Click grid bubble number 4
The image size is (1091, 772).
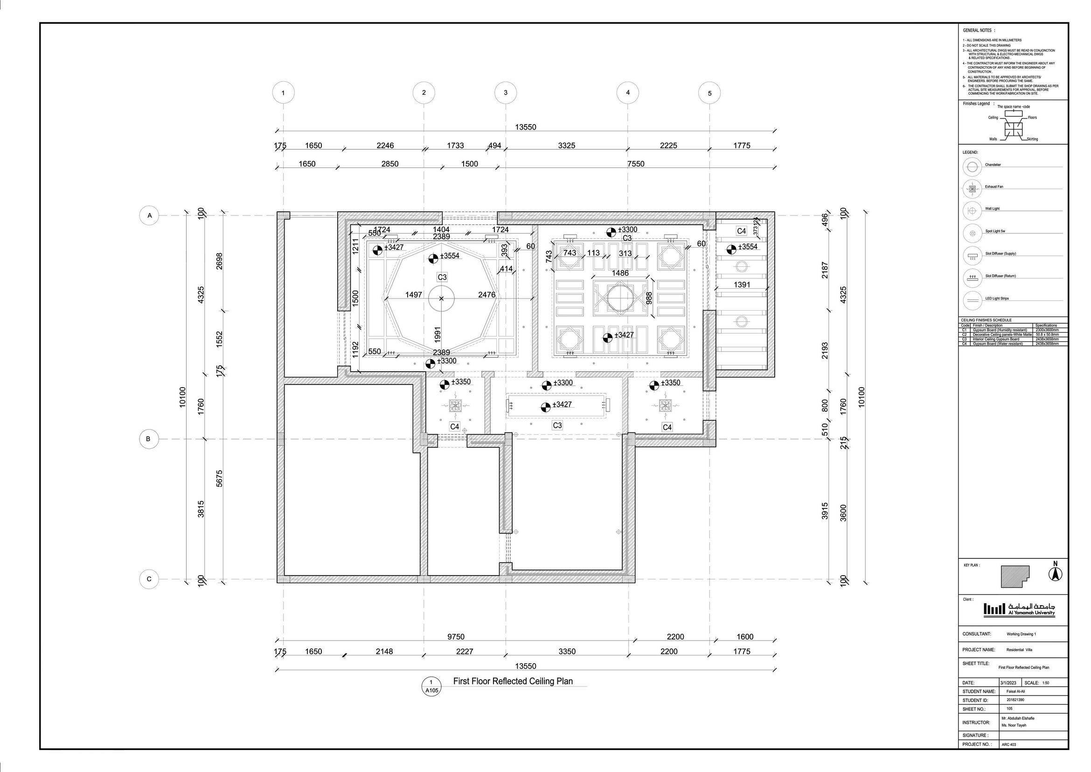point(627,92)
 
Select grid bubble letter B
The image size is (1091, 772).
point(148,439)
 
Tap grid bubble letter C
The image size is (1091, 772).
point(149,579)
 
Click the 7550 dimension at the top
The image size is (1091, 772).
point(636,164)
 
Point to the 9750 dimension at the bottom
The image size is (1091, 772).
point(455,637)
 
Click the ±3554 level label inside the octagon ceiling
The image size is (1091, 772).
point(449,256)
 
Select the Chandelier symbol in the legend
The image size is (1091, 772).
point(972,167)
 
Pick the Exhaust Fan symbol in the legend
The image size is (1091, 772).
point(972,189)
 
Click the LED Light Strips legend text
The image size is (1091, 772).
point(997,299)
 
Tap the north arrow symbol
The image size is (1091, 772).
point(1056,573)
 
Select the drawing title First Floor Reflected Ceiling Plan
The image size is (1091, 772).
point(513,681)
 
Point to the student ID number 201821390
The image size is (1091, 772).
point(1015,700)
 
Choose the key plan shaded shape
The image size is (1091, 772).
point(1015,577)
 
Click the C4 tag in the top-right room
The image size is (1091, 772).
point(741,231)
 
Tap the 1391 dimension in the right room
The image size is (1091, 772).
point(742,285)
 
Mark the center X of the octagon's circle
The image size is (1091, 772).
point(442,299)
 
